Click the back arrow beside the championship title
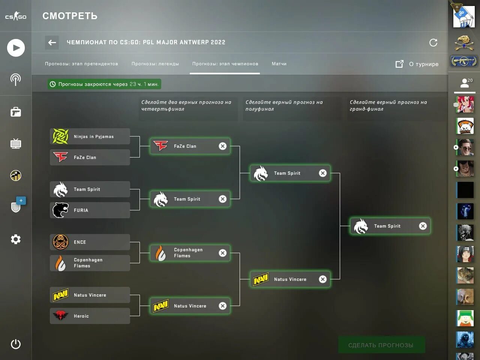[52, 42]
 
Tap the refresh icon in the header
[433, 42]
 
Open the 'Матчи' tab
[279, 64]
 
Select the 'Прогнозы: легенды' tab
[155, 64]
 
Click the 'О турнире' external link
[417, 64]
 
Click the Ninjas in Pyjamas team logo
[60, 136]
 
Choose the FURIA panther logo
[60, 210]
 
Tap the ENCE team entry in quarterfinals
[90, 242]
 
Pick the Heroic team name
[81, 316]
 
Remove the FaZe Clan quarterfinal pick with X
[223, 146]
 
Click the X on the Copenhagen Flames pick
[223, 253]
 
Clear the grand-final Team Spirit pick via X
[423, 226]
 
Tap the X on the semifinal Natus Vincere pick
[322, 279]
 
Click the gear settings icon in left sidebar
[16, 239]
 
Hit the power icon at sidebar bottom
[16, 344]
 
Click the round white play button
[16, 48]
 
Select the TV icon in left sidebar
[16, 144]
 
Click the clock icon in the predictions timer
[53, 84]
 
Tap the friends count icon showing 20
[465, 83]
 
